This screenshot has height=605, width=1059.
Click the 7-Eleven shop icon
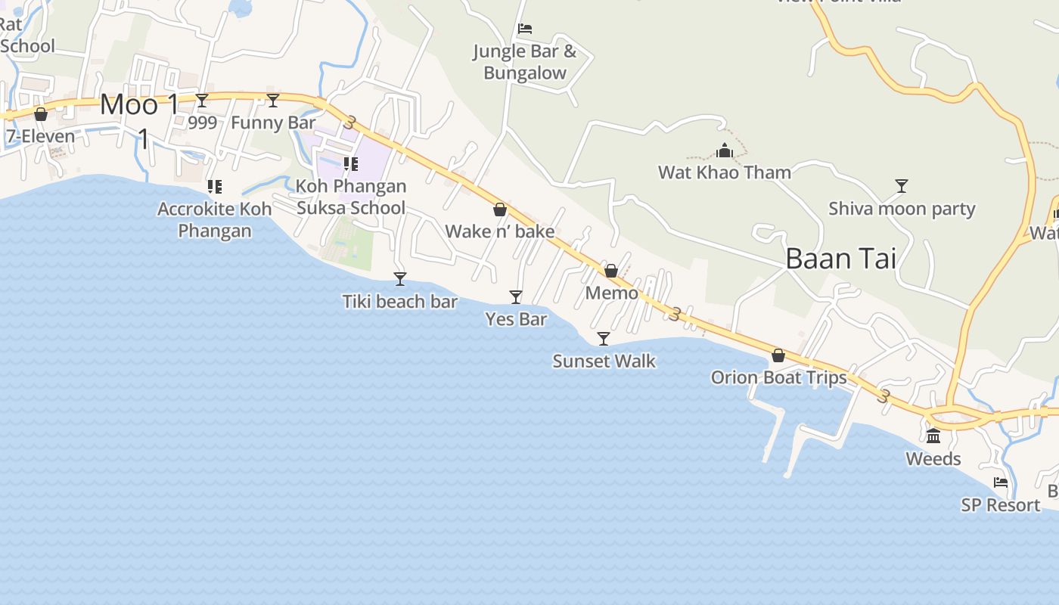pos(41,114)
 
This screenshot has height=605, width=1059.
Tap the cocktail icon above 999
pos(202,100)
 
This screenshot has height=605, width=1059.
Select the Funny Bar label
pos(273,123)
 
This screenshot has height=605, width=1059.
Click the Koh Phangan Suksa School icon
pos(350,163)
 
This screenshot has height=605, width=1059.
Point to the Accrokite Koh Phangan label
pos(215,219)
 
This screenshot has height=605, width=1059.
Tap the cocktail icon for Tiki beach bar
pos(400,279)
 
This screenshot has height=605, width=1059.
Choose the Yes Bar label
pos(516,319)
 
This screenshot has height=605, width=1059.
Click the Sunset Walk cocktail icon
pos(604,338)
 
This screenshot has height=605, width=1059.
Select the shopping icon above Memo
pos(611,270)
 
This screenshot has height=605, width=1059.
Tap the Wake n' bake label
pos(500,231)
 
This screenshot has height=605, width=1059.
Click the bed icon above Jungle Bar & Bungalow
pos(525,29)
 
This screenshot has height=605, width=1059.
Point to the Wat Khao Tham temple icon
pos(725,150)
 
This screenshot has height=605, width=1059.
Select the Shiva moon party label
pos(902,209)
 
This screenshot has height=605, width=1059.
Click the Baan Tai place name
pos(840,259)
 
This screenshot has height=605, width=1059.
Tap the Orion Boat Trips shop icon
pos(778,355)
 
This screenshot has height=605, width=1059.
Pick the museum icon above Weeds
pos(933,436)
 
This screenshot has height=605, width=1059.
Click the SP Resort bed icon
pos(1001,482)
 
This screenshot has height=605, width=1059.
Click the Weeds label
pos(933,459)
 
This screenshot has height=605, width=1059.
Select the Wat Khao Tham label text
pos(725,172)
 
